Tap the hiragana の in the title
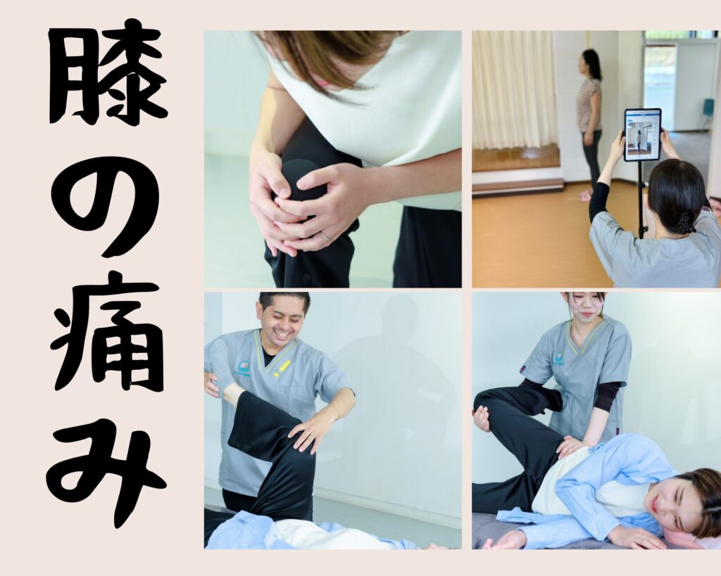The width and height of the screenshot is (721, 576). [x=107, y=206]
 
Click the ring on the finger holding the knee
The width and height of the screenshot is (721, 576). [x=325, y=236]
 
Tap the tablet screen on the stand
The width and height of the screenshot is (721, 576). [x=642, y=135]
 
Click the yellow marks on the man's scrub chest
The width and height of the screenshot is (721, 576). [x=282, y=369]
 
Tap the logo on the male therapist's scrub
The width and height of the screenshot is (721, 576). [x=243, y=367]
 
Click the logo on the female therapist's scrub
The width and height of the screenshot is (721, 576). [x=560, y=357]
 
